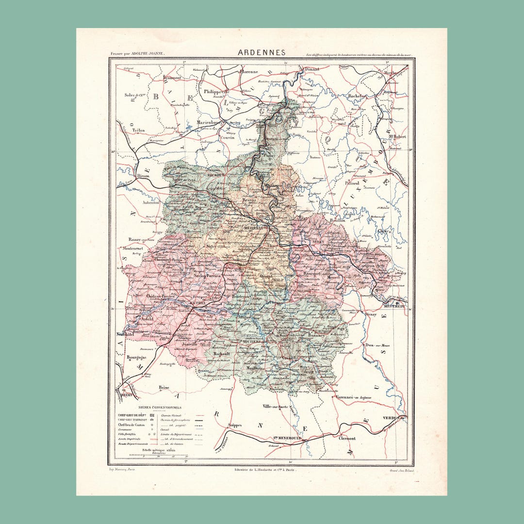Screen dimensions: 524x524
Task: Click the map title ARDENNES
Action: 262,52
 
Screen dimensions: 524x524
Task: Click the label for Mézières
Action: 250,227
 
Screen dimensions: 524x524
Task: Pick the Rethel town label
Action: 197,302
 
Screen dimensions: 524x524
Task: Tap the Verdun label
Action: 393,418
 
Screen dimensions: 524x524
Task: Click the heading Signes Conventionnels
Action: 160,408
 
